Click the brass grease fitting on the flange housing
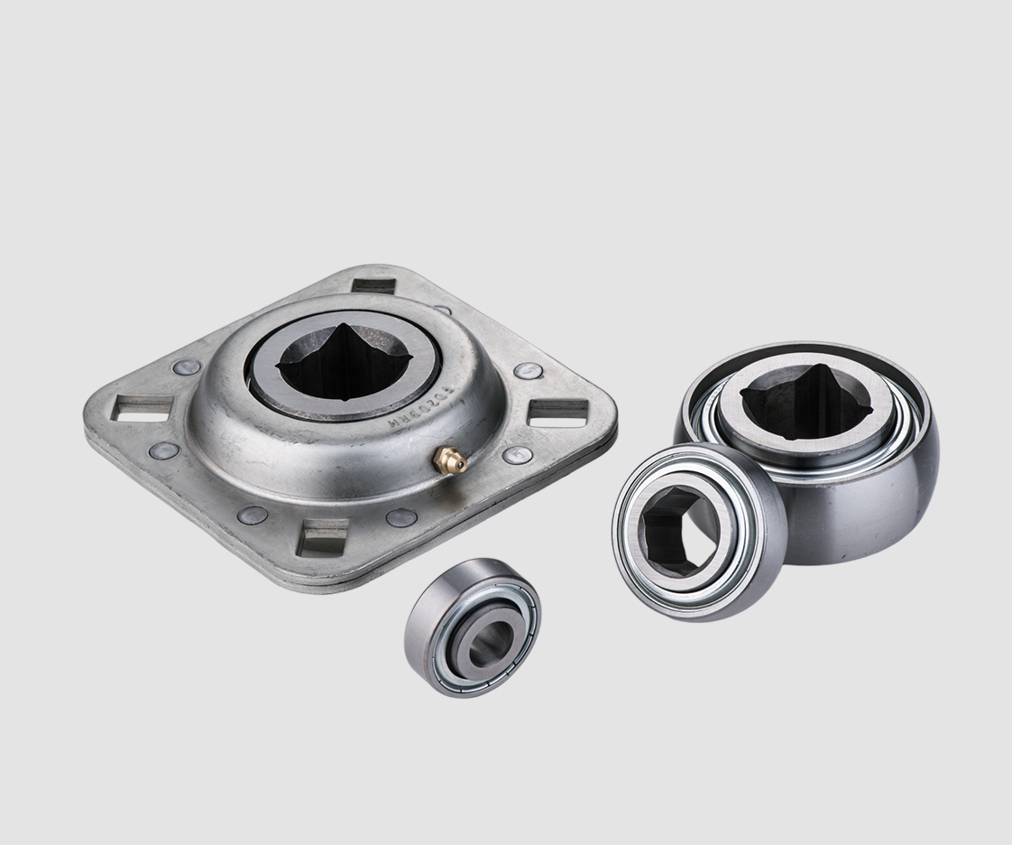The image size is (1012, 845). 449,461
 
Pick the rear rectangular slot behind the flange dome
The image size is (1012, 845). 373,285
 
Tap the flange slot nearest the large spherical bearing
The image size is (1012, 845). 557,412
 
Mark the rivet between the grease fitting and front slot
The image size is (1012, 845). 401,518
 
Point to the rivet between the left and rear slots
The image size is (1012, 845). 187,367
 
